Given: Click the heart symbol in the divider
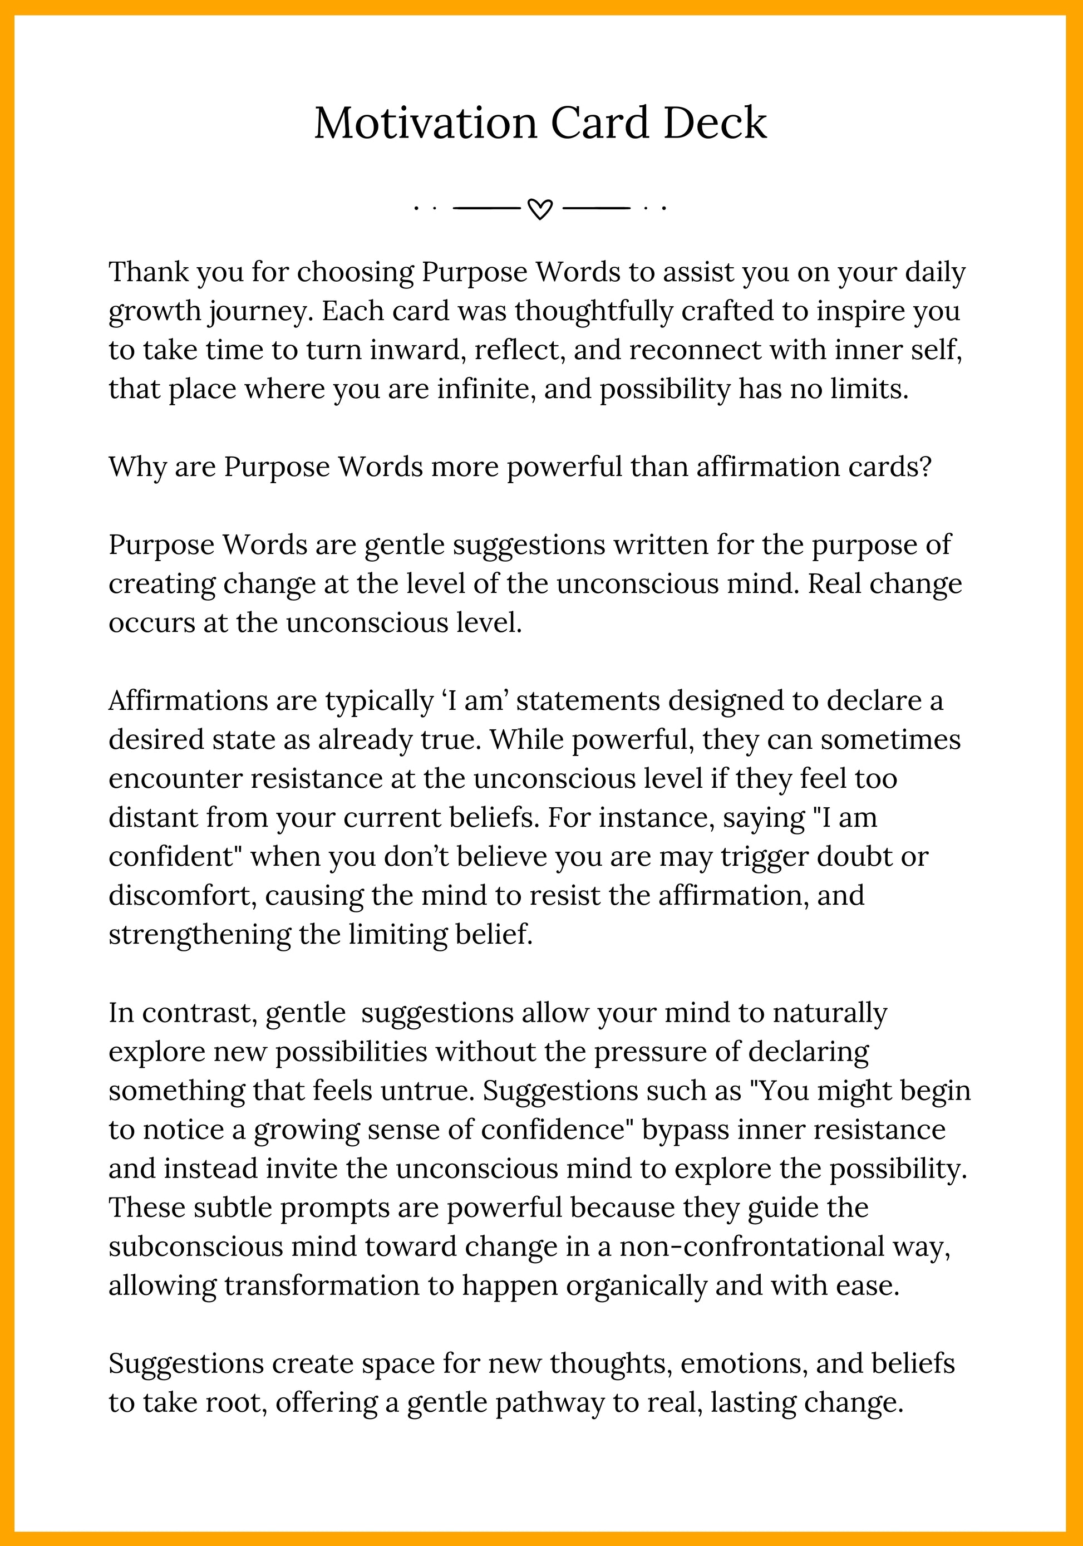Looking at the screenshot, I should (540, 209).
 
